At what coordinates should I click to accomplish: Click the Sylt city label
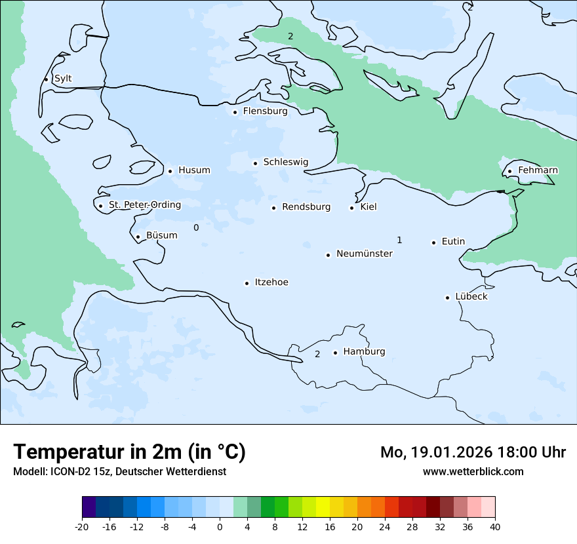coord(63,79)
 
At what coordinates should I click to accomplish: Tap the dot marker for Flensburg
coord(235,112)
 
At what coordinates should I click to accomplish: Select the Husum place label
coord(194,170)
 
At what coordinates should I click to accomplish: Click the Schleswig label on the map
coord(285,162)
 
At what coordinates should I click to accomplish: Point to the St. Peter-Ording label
coord(144,205)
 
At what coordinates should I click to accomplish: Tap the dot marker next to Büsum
coord(138,237)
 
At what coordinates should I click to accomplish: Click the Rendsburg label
coord(306,207)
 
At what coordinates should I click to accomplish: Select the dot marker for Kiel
coord(352,208)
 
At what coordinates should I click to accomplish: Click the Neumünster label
coord(365,254)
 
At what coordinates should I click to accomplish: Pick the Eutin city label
coord(453,241)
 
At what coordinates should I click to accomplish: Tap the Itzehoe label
coord(271,282)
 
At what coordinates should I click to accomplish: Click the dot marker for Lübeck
coord(448,298)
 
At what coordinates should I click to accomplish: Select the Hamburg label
coord(364,351)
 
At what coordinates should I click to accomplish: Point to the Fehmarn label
coord(538,170)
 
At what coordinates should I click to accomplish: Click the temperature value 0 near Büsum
coord(196,227)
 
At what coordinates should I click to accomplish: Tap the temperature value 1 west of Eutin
coord(399,240)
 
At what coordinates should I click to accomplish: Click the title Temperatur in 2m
coord(129,452)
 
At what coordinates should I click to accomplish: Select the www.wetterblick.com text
coord(473,471)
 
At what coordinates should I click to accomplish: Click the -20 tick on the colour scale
coord(82,527)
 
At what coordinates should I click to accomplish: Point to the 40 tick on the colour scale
coord(495,527)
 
